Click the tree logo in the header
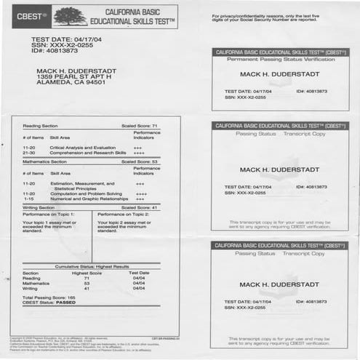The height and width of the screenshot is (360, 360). coord(70,15)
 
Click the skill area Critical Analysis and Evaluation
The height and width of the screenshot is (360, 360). coord(87,148)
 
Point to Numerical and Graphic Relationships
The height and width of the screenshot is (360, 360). coord(88,199)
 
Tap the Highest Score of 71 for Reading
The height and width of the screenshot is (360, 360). coord(86,278)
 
